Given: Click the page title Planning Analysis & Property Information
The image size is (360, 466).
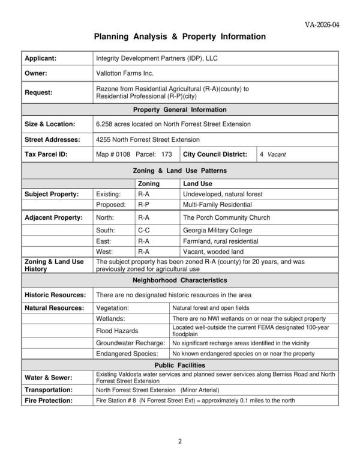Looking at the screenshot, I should (x=180, y=37).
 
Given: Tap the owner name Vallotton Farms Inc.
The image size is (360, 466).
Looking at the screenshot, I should (x=125, y=73).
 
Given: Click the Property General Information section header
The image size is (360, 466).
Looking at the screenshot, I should (x=180, y=110).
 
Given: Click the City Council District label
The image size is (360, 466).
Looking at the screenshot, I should (x=215, y=154).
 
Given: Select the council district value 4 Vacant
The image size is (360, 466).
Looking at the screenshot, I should (x=273, y=154).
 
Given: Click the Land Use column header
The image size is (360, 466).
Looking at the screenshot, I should (x=197, y=184).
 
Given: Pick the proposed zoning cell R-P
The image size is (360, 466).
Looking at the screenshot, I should (x=144, y=205).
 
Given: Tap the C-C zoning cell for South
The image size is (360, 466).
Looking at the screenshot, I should (x=144, y=229).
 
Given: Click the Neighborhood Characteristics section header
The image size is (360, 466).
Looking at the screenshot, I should (x=180, y=280).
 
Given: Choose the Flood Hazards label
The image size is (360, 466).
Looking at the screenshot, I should (x=118, y=331).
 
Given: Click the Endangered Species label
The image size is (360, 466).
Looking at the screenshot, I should (x=127, y=354).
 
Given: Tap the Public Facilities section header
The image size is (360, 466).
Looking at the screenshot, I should (x=180, y=365).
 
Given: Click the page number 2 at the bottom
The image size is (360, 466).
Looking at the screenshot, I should (x=179, y=443).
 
